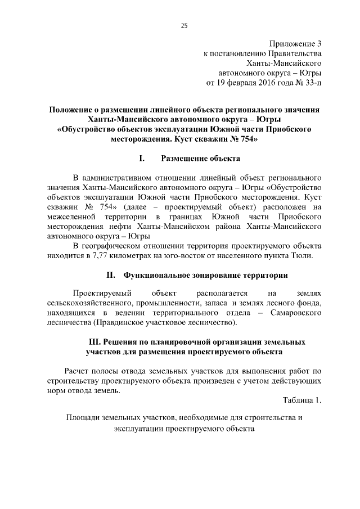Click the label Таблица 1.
(x=302, y=400)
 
